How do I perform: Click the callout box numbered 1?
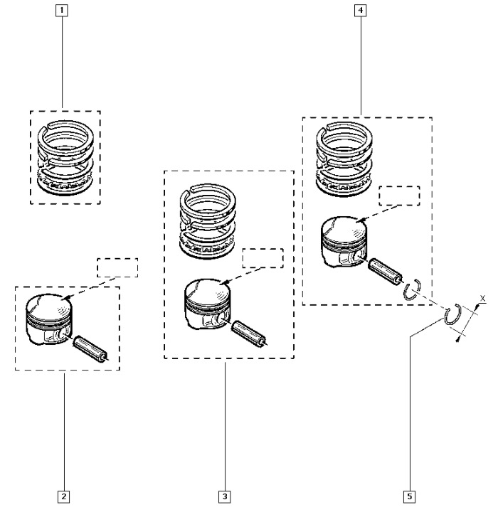[x=62, y=11]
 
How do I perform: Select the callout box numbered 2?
[x=63, y=496]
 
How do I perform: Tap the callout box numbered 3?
[x=225, y=496]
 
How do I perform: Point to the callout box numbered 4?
[x=361, y=10]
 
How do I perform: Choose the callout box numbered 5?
[x=410, y=496]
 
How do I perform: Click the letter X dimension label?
[x=483, y=299]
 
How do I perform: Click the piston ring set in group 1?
[x=65, y=158]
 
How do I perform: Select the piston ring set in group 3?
[x=208, y=221]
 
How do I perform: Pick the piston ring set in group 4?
[x=344, y=159]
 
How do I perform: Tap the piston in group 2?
[x=49, y=319]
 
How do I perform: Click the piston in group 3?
[x=208, y=304]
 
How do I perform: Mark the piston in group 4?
[x=344, y=241]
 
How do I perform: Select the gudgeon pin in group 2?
[x=90, y=348]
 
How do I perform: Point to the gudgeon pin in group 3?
[x=249, y=333]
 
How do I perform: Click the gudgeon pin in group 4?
[x=385, y=270]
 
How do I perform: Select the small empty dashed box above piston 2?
[x=117, y=267]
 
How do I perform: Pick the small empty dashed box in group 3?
[x=263, y=258]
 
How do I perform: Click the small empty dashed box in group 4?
[x=399, y=196]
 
